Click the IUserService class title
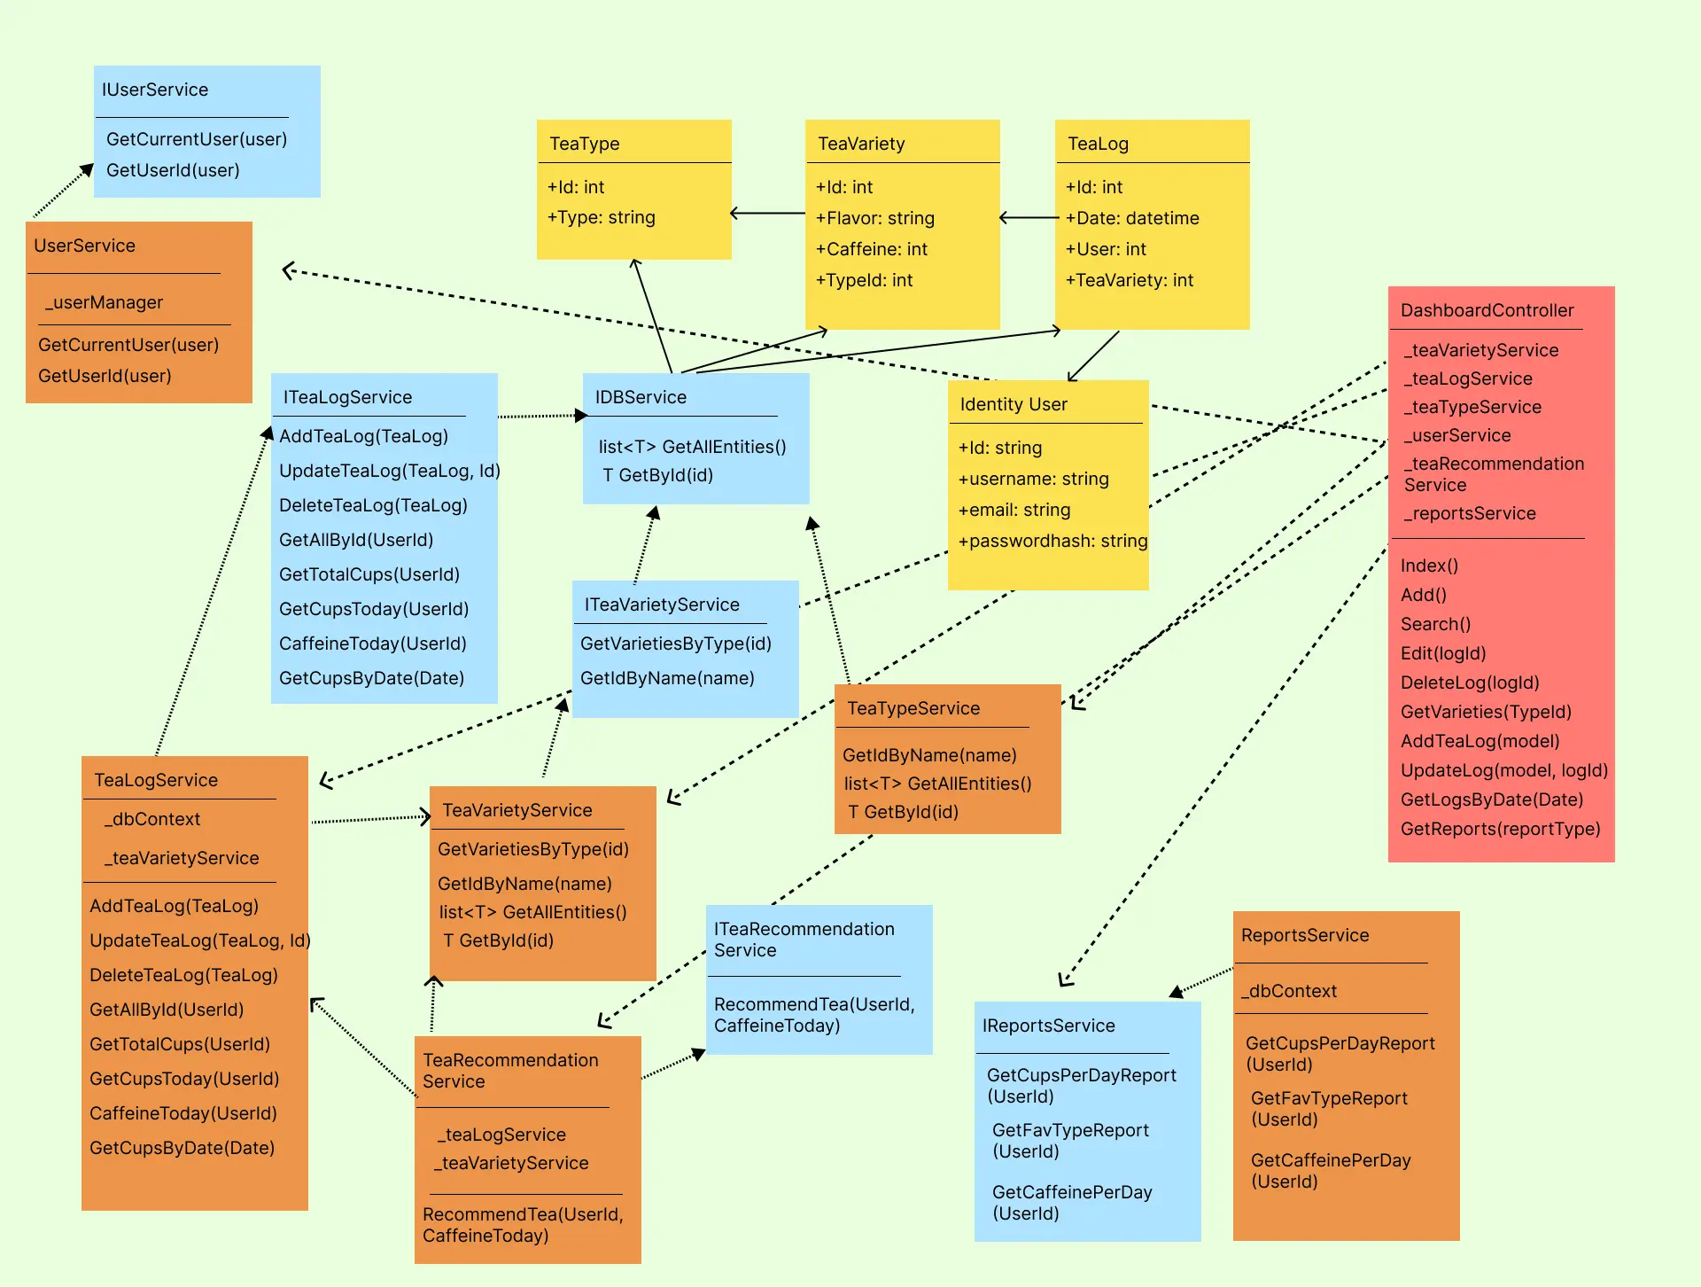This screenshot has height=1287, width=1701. tap(155, 90)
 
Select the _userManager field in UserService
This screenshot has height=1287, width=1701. tap(105, 302)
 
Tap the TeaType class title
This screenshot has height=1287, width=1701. tap(585, 144)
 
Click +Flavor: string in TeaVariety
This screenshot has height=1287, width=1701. tap(875, 218)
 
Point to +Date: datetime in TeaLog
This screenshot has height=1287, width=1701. tap(1132, 218)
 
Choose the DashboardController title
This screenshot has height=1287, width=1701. tap(1487, 310)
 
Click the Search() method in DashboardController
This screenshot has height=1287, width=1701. tap(1435, 624)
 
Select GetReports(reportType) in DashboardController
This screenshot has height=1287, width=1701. tap(1500, 829)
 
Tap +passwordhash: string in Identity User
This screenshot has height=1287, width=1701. tap(1052, 541)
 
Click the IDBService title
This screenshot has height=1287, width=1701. tap(641, 397)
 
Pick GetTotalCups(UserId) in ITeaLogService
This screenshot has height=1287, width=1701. tap(369, 574)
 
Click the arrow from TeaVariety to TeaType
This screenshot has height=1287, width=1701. tap(767, 214)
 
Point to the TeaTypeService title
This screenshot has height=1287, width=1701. tap(913, 708)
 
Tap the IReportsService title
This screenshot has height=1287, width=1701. tap(1048, 1026)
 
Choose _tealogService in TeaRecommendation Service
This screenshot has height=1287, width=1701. tap(501, 1135)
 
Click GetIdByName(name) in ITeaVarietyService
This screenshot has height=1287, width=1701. tap(667, 678)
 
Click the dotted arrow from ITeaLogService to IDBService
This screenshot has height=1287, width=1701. tap(540, 416)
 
